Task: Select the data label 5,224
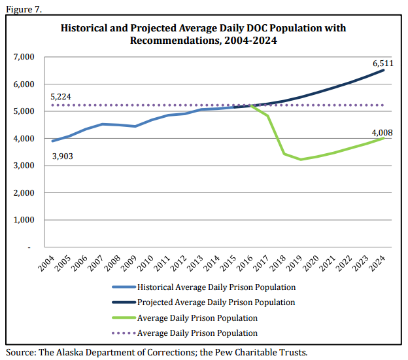[61, 97]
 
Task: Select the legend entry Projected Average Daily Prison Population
[216, 302]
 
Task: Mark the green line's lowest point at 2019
[301, 159]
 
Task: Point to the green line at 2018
[284, 154]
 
